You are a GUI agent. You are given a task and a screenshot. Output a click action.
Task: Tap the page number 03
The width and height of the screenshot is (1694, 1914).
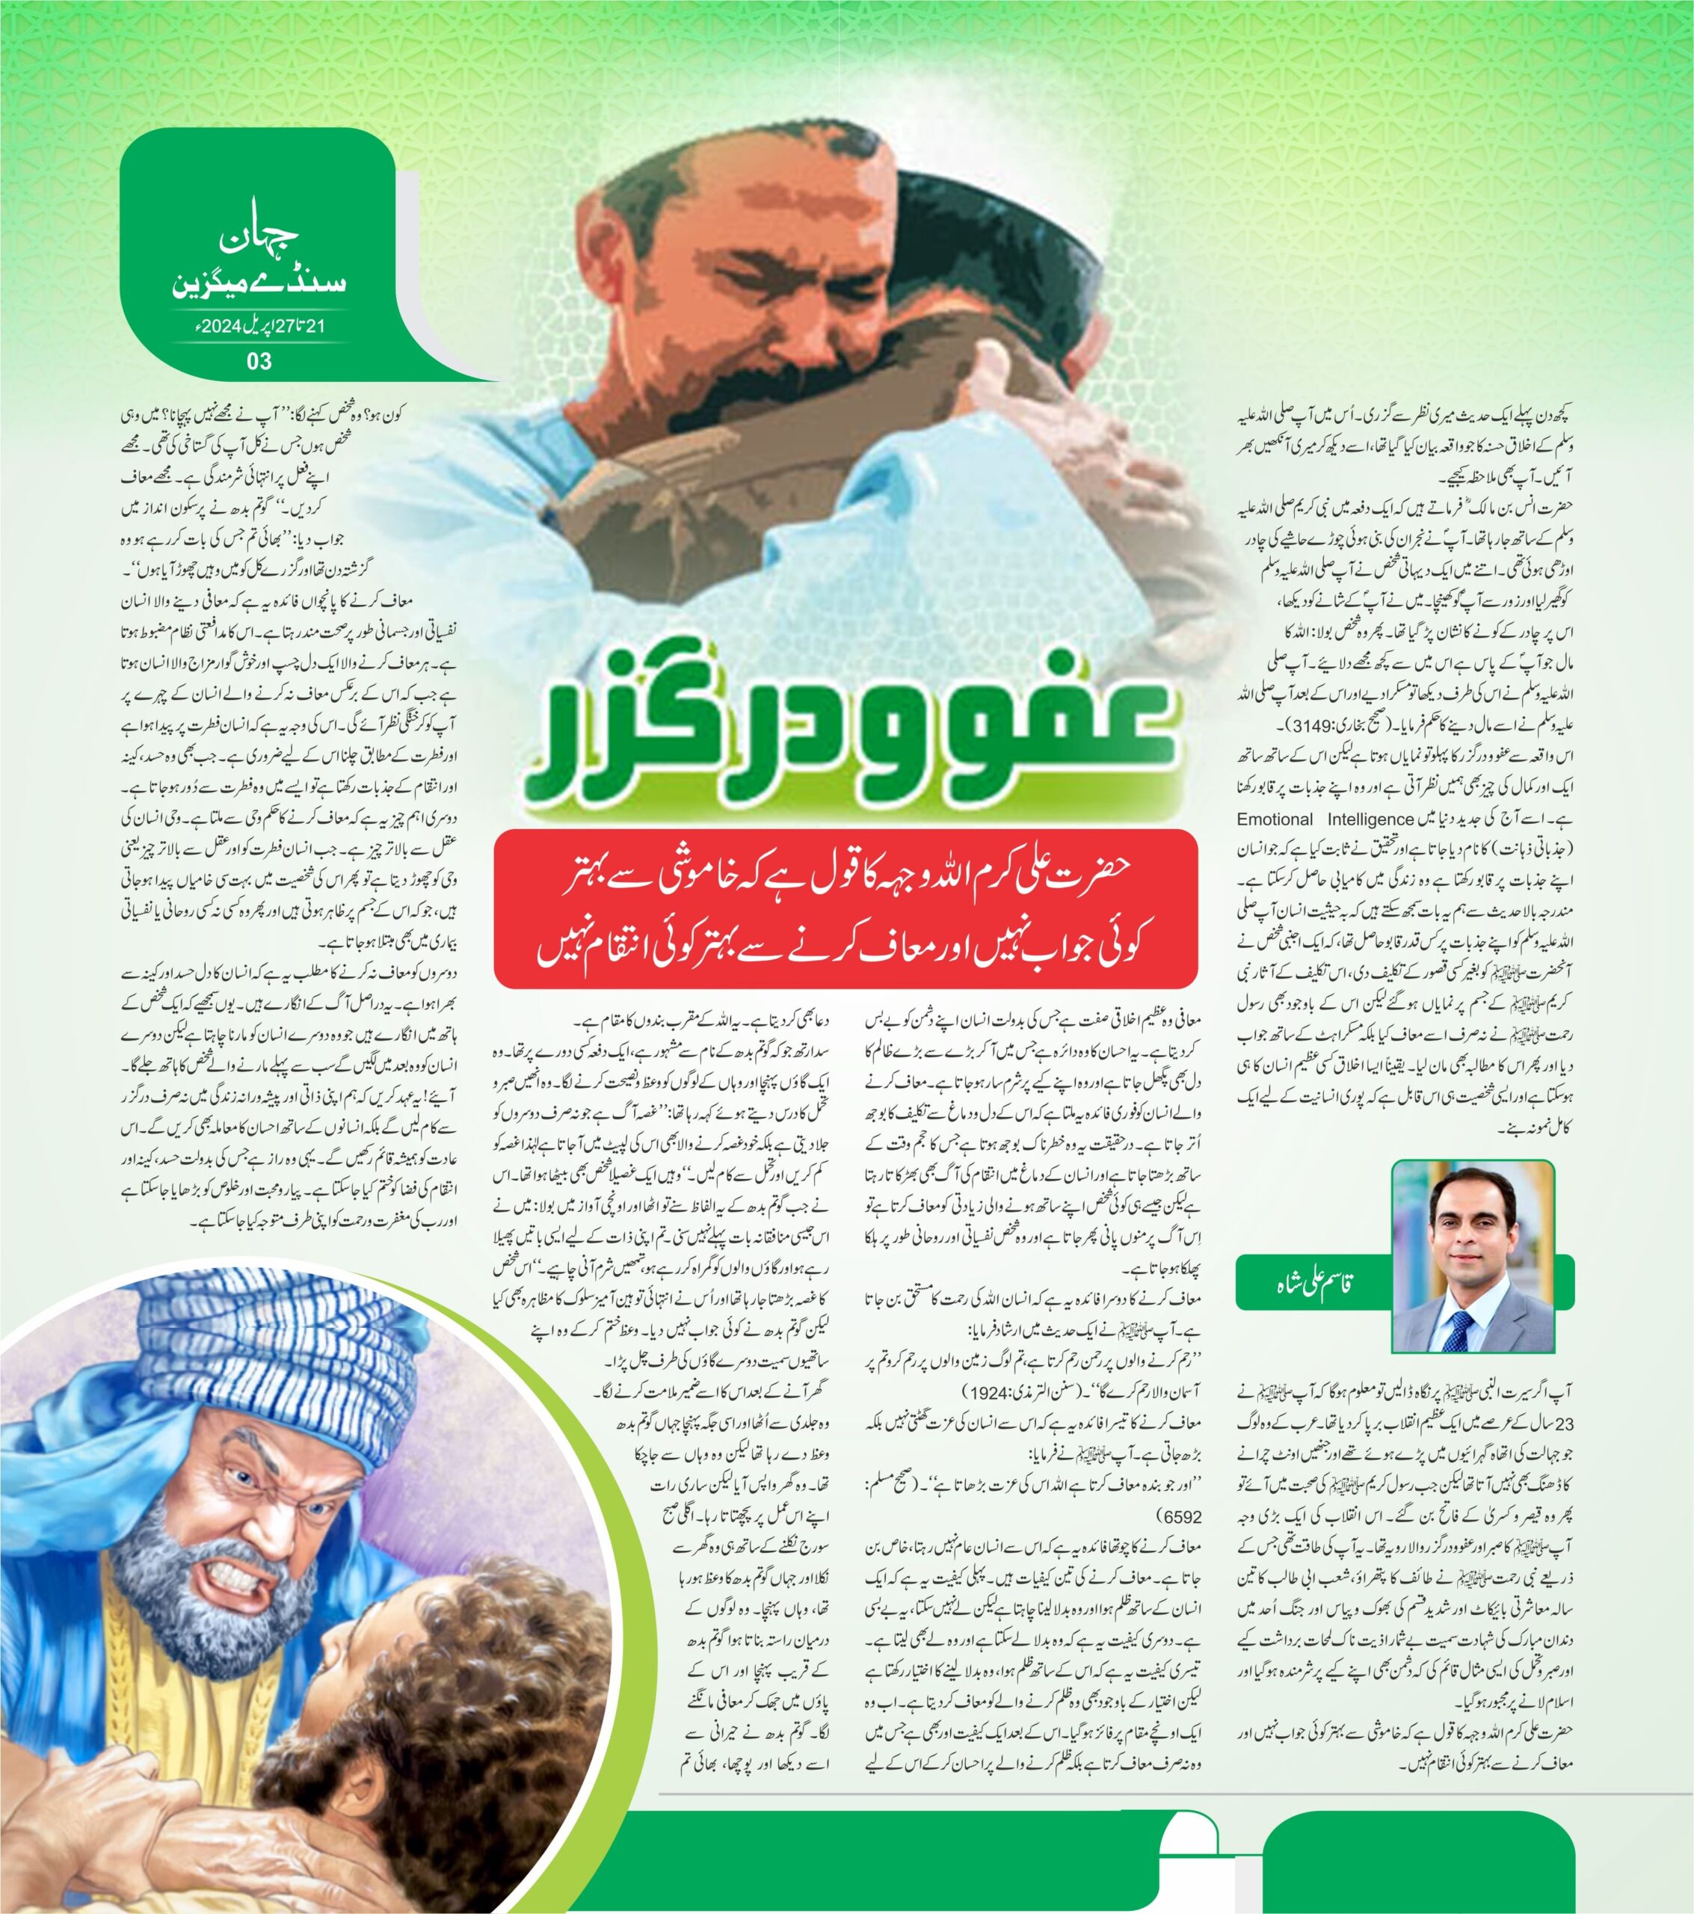tap(259, 361)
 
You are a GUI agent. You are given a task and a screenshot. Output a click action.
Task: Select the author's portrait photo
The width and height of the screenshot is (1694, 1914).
tap(1472, 1255)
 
